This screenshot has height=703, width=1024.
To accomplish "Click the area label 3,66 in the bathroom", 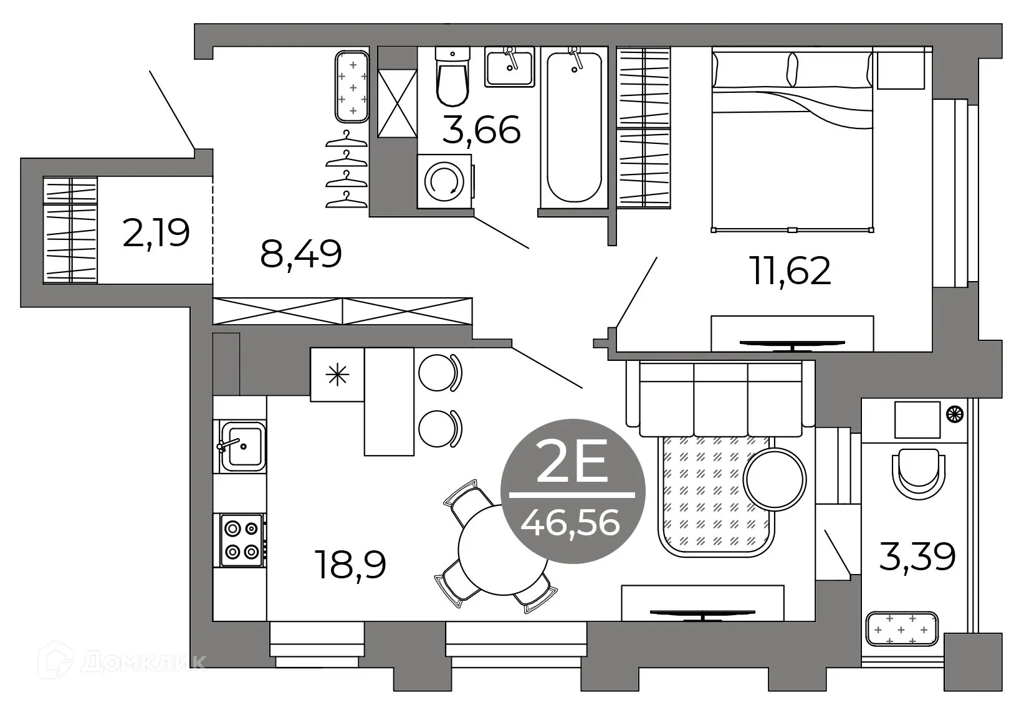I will tap(481, 131).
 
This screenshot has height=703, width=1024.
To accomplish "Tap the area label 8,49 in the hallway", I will tap(301, 254).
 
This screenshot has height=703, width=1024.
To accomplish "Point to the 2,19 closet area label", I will tap(156, 233).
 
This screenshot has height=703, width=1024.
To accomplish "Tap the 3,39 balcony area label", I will tap(917, 557).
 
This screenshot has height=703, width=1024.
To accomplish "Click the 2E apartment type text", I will tap(572, 465).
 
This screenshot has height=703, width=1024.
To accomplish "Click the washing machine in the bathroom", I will tap(444, 181).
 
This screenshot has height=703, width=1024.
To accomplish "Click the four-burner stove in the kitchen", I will tap(241, 540).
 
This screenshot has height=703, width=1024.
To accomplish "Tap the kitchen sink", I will tap(241, 446).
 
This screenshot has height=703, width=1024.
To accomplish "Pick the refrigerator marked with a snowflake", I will tap(337, 375).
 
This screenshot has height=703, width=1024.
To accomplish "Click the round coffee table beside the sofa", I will tap(775, 479).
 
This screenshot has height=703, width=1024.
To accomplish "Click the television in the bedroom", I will tap(792, 343).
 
